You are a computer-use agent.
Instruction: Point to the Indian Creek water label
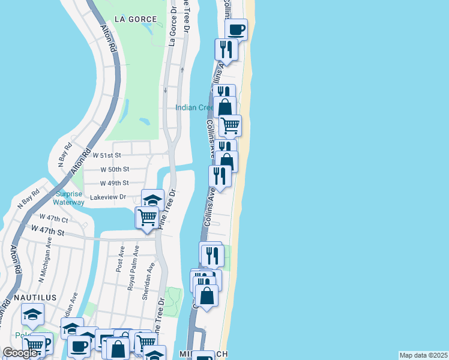(x=194, y=108)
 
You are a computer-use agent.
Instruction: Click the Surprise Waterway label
(x=70, y=198)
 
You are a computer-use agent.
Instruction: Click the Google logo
(x=20, y=353)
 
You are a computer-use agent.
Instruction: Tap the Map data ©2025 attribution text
(x=423, y=355)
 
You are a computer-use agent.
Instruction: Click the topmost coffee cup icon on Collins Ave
(x=236, y=29)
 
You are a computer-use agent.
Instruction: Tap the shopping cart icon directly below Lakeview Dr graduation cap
(x=148, y=217)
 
